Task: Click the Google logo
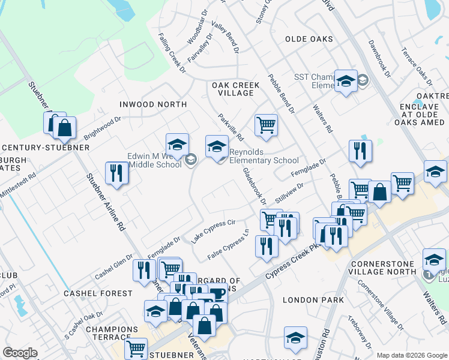click(x=20, y=353)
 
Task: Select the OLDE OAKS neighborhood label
click(x=309, y=39)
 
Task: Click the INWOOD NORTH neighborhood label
click(x=153, y=104)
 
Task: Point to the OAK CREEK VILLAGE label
click(x=236, y=89)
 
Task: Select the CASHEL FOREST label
click(x=98, y=293)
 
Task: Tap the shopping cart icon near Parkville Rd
click(x=266, y=125)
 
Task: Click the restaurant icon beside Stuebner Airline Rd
click(x=115, y=173)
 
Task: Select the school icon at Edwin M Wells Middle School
click(x=178, y=145)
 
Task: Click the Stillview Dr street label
click(x=289, y=193)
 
